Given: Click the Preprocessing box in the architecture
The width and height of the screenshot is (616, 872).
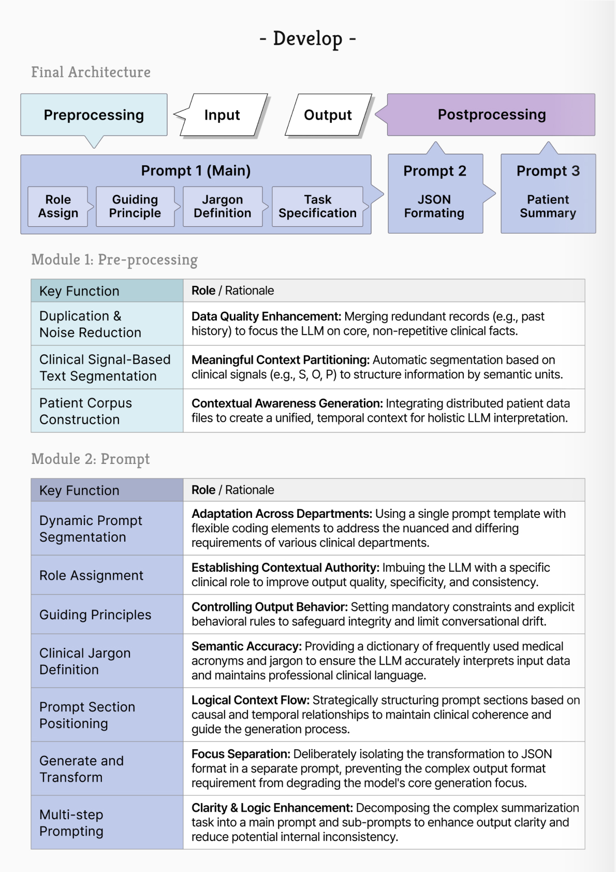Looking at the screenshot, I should [94, 115].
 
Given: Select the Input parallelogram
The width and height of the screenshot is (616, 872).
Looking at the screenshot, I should [222, 115].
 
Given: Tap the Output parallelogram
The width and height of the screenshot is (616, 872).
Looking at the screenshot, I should [328, 115].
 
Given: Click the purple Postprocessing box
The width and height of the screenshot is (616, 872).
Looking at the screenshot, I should [491, 114].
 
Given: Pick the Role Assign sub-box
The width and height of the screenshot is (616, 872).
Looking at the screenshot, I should [58, 207].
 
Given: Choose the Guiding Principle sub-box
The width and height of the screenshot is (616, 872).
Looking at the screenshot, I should [135, 207].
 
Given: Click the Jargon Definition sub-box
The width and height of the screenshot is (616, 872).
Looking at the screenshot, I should [223, 207].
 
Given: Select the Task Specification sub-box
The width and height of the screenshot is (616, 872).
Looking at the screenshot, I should [317, 207].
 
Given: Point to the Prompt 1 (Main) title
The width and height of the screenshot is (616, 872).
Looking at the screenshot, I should [196, 170].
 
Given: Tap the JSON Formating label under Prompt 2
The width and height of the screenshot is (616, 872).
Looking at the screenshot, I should [434, 207].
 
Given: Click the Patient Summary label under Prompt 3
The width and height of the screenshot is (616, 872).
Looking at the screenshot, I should [548, 207].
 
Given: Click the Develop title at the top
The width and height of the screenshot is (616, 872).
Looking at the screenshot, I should [307, 39].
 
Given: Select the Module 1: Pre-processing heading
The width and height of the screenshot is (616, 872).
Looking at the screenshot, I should [114, 259].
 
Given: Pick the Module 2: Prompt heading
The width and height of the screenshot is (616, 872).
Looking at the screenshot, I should [91, 459].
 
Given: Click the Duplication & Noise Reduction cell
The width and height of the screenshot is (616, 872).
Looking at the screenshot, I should [107, 324].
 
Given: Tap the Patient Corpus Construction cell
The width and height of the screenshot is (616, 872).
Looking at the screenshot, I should [107, 411].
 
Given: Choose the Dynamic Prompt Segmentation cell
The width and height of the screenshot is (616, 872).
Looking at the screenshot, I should [107, 529].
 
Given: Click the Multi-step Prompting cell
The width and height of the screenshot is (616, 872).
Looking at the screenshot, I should [107, 823].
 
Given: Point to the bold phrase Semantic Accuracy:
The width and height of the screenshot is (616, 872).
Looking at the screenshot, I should [246, 646].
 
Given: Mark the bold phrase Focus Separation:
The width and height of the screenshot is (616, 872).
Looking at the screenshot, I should [241, 754].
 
